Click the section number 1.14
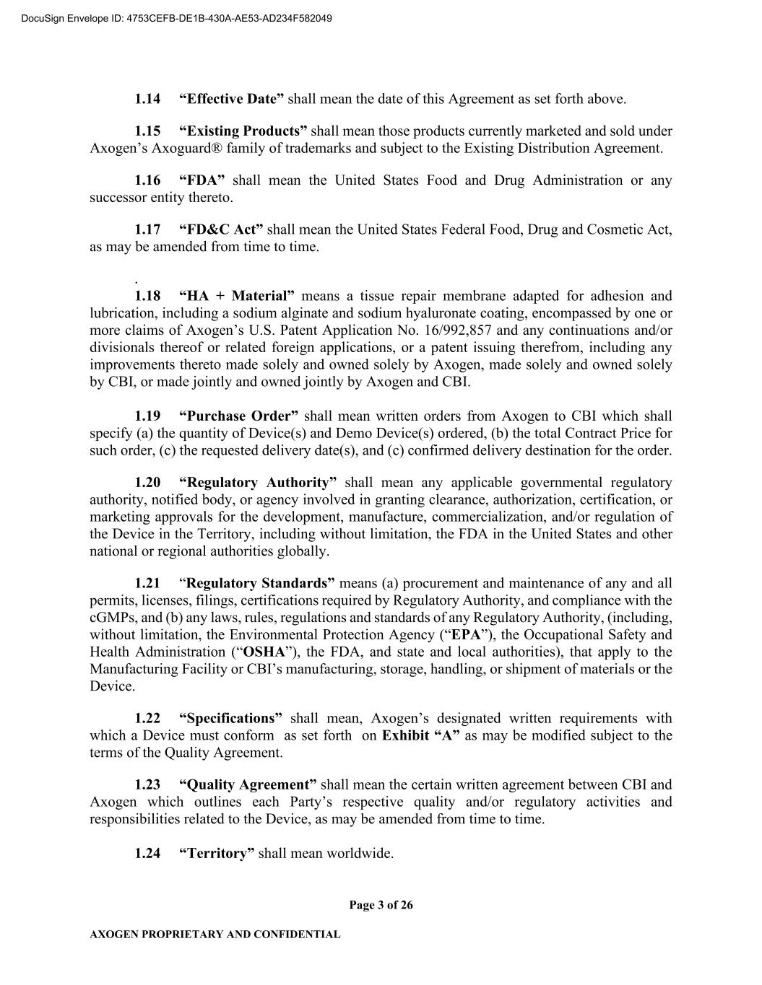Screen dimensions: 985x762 147,99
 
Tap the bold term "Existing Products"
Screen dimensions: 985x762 243,131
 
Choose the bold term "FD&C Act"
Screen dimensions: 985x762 220,229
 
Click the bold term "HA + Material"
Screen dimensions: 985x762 236,296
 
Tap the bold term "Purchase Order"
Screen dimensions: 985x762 238,416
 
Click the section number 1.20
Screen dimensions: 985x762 147,483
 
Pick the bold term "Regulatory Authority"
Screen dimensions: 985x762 257,483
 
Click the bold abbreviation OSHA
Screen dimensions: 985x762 264,652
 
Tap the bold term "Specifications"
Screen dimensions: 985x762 230,719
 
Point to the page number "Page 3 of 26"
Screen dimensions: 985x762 381,906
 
